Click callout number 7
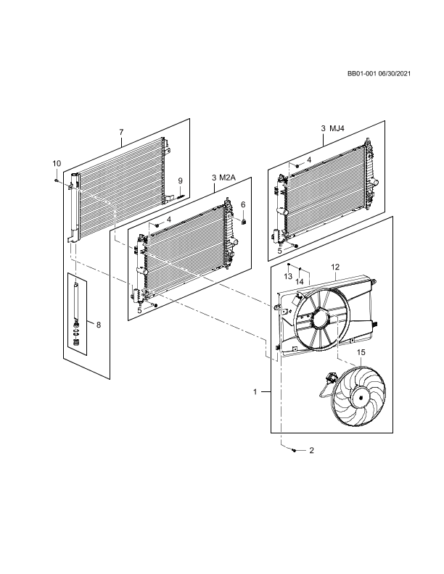(x=121, y=132)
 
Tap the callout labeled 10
(x=57, y=164)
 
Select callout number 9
(x=181, y=180)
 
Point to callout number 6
(x=243, y=205)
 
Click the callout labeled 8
(x=98, y=325)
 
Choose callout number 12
(x=334, y=267)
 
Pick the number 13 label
(x=288, y=277)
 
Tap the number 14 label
(x=300, y=282)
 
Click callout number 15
(x=361, y=353)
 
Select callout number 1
(x=255, y=392)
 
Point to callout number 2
(x=311, y=451)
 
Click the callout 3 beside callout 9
(x=213, y=178)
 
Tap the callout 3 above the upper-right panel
(x=323, y=128)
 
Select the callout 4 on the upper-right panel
(x=309, y=160)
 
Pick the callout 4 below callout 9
(x=169, y=220)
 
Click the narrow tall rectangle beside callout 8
(x=77, y=314)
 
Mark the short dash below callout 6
(x=235, y=218)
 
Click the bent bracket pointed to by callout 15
(x=336, y=335)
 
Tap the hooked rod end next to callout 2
(x=285, y=446)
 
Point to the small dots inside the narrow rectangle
(x=75, y=334)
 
